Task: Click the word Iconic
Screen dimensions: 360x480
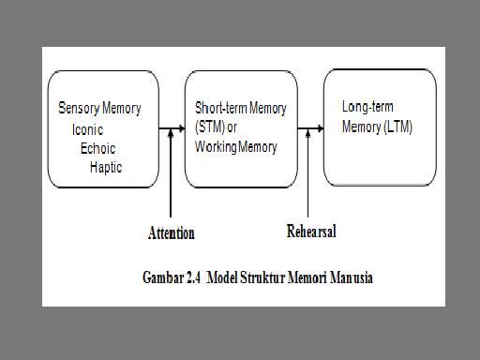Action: (x=87, y=130)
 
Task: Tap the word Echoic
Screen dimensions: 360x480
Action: (x=98, y=148)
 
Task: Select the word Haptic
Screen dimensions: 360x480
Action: (x=106, y=167)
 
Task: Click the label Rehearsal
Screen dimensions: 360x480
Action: (x=310, y=231)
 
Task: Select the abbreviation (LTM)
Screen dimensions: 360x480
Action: (x=392, y=127)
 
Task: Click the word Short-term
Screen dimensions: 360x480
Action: (x=221, y=109)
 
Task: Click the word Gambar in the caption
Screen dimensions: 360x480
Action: (x=162, y=277)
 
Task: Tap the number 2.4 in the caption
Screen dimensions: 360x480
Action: (x=195, y=277)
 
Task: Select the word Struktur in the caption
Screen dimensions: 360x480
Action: (x=272, y=277)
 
